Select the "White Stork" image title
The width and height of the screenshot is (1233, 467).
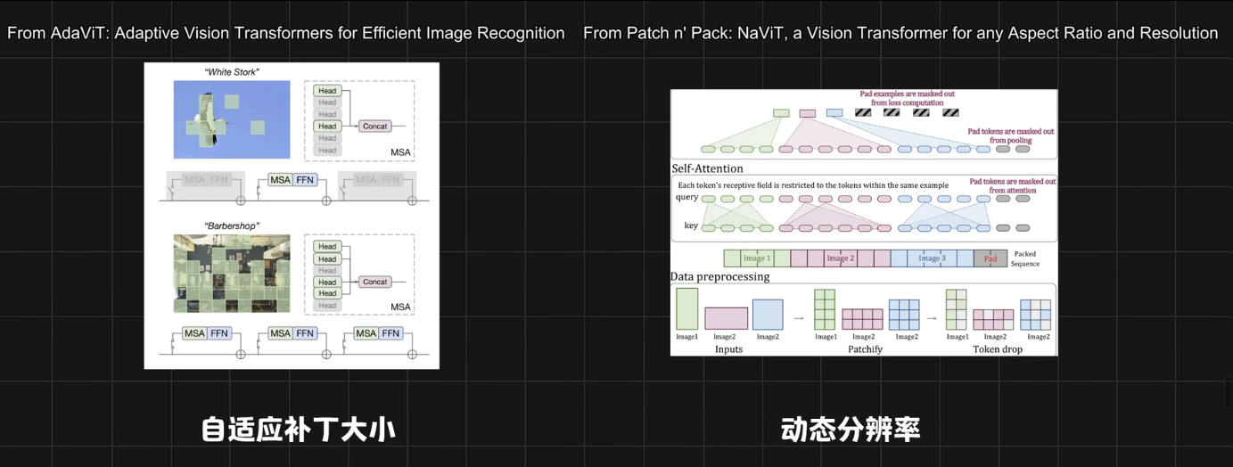coord(231,72)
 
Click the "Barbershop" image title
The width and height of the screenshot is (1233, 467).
coord(231,226)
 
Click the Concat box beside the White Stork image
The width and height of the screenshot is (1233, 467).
coord(374,127)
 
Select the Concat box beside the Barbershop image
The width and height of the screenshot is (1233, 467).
coord(374,282)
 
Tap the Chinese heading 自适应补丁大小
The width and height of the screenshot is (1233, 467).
coord(298,430)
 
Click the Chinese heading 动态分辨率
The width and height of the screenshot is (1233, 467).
coord(850,430)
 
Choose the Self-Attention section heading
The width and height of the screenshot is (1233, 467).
coord(707,168)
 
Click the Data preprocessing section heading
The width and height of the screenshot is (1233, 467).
coord(719,277)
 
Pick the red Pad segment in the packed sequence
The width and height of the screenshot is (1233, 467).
coord(991,258)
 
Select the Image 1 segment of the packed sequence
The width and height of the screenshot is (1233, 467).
coord(756,258)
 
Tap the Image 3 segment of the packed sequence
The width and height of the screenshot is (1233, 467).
coord(932,258)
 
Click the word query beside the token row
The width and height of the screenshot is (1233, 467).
coord(686,198)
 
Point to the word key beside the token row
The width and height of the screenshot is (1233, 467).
coord(691,226)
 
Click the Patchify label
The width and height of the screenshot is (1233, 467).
coord(865,349)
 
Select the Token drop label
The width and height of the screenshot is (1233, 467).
coord(998,349)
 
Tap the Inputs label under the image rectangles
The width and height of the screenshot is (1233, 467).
coord(728,349)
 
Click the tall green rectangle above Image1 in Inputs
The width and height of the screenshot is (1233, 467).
coord(687,308)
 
